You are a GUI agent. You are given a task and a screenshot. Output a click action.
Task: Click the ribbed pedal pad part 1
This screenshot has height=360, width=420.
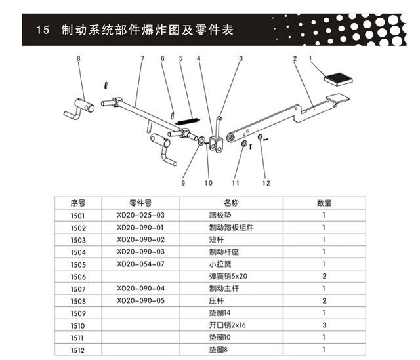click(x=340, y=79)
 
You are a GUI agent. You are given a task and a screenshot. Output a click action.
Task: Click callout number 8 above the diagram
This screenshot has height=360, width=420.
click(x=78, y=59)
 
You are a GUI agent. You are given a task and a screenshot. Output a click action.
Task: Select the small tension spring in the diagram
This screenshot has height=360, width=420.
click(x=188, y=121)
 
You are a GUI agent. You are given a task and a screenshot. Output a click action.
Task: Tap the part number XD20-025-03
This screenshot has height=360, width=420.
click(x=139, y=215)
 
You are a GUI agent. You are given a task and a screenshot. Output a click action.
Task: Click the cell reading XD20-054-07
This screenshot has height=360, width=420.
click(x=139, y=264)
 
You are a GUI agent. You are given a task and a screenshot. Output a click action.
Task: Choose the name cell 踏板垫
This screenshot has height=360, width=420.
click(x=219, y=215)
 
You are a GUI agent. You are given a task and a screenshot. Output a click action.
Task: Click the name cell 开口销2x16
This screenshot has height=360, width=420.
click(x=227, y=326)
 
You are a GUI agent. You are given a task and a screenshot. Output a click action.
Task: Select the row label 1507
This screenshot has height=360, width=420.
click(x=78, y=289)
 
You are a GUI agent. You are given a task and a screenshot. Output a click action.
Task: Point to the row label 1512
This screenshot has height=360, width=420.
click(x=78, y=350)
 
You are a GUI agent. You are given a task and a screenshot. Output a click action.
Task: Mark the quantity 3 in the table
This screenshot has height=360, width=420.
click(x=324, y=326)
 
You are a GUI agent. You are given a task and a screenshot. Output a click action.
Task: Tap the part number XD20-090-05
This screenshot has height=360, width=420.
click(x=139, y=301)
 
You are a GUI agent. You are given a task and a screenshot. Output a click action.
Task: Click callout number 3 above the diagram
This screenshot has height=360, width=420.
click(x=240, y=59)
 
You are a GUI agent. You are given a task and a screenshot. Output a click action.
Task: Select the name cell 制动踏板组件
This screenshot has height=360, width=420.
click(x=231, y=228)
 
